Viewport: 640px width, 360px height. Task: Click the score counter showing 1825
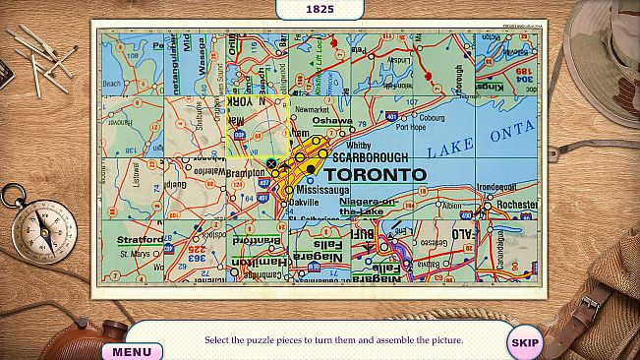tap(319, 9)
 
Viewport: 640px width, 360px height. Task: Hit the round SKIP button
tap(525, 342)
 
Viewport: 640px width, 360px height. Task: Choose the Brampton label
tap(245, 172)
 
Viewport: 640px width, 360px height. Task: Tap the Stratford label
tap(140, 239)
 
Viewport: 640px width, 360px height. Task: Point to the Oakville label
tap(305, 202)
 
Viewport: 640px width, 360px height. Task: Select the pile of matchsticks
tap(41, 56)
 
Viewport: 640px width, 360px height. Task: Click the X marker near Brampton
tap(270, 163)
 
